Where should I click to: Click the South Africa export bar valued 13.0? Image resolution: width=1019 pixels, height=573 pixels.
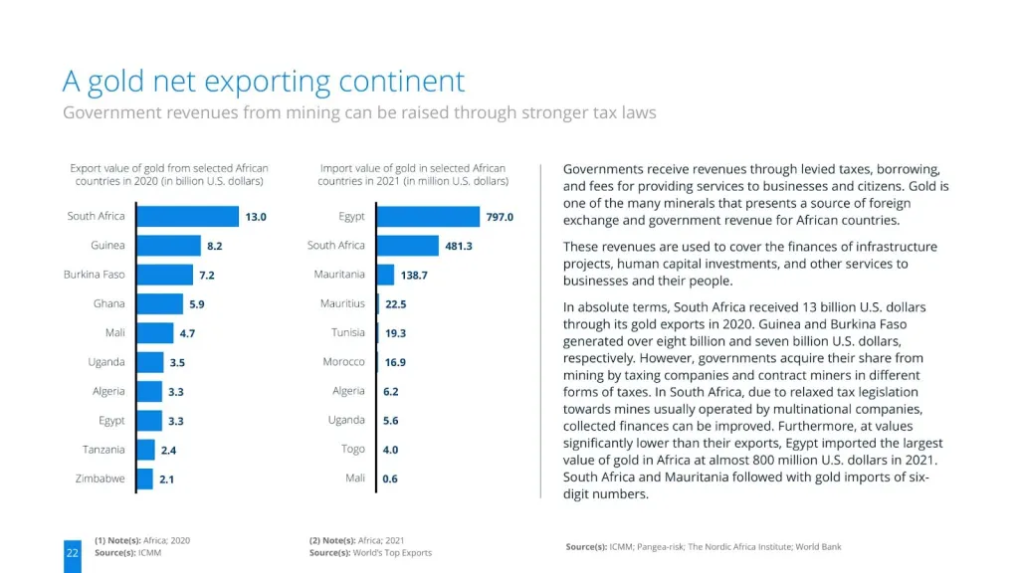pos(186,216)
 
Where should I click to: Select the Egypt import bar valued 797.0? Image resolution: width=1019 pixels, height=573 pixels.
pos(429,216)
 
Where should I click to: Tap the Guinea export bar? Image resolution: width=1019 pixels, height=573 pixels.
pos(167,245)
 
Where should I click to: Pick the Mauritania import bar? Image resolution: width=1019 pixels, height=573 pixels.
pos(395,275)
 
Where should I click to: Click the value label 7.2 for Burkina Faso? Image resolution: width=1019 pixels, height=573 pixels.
pos(207,275)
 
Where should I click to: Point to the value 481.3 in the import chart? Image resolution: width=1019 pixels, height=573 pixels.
pos(459,246)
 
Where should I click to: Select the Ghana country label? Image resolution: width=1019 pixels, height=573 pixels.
pos(108,303)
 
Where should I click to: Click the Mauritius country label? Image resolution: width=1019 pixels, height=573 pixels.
pos(342,303)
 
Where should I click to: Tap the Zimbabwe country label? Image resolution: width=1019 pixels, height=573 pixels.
pos(101,478)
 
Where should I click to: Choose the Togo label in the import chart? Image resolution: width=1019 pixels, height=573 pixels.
pos(353,450)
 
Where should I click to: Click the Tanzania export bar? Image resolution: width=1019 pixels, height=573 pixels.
pos(145,450)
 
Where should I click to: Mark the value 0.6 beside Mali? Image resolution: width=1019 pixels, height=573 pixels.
pos(390,479)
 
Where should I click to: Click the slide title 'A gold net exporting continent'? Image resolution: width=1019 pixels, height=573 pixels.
pos(264,81)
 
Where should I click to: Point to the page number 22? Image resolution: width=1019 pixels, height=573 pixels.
pos(72,552)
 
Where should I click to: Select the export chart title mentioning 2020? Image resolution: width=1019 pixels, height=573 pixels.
pos(169,175)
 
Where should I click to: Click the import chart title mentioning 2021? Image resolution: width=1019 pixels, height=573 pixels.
pos(413,175)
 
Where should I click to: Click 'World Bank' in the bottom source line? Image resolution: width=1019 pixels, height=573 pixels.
pos(818,547)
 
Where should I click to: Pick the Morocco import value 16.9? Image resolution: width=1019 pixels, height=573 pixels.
pos(395,362)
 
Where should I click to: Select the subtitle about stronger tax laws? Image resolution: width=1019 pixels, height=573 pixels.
pos(359,112)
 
